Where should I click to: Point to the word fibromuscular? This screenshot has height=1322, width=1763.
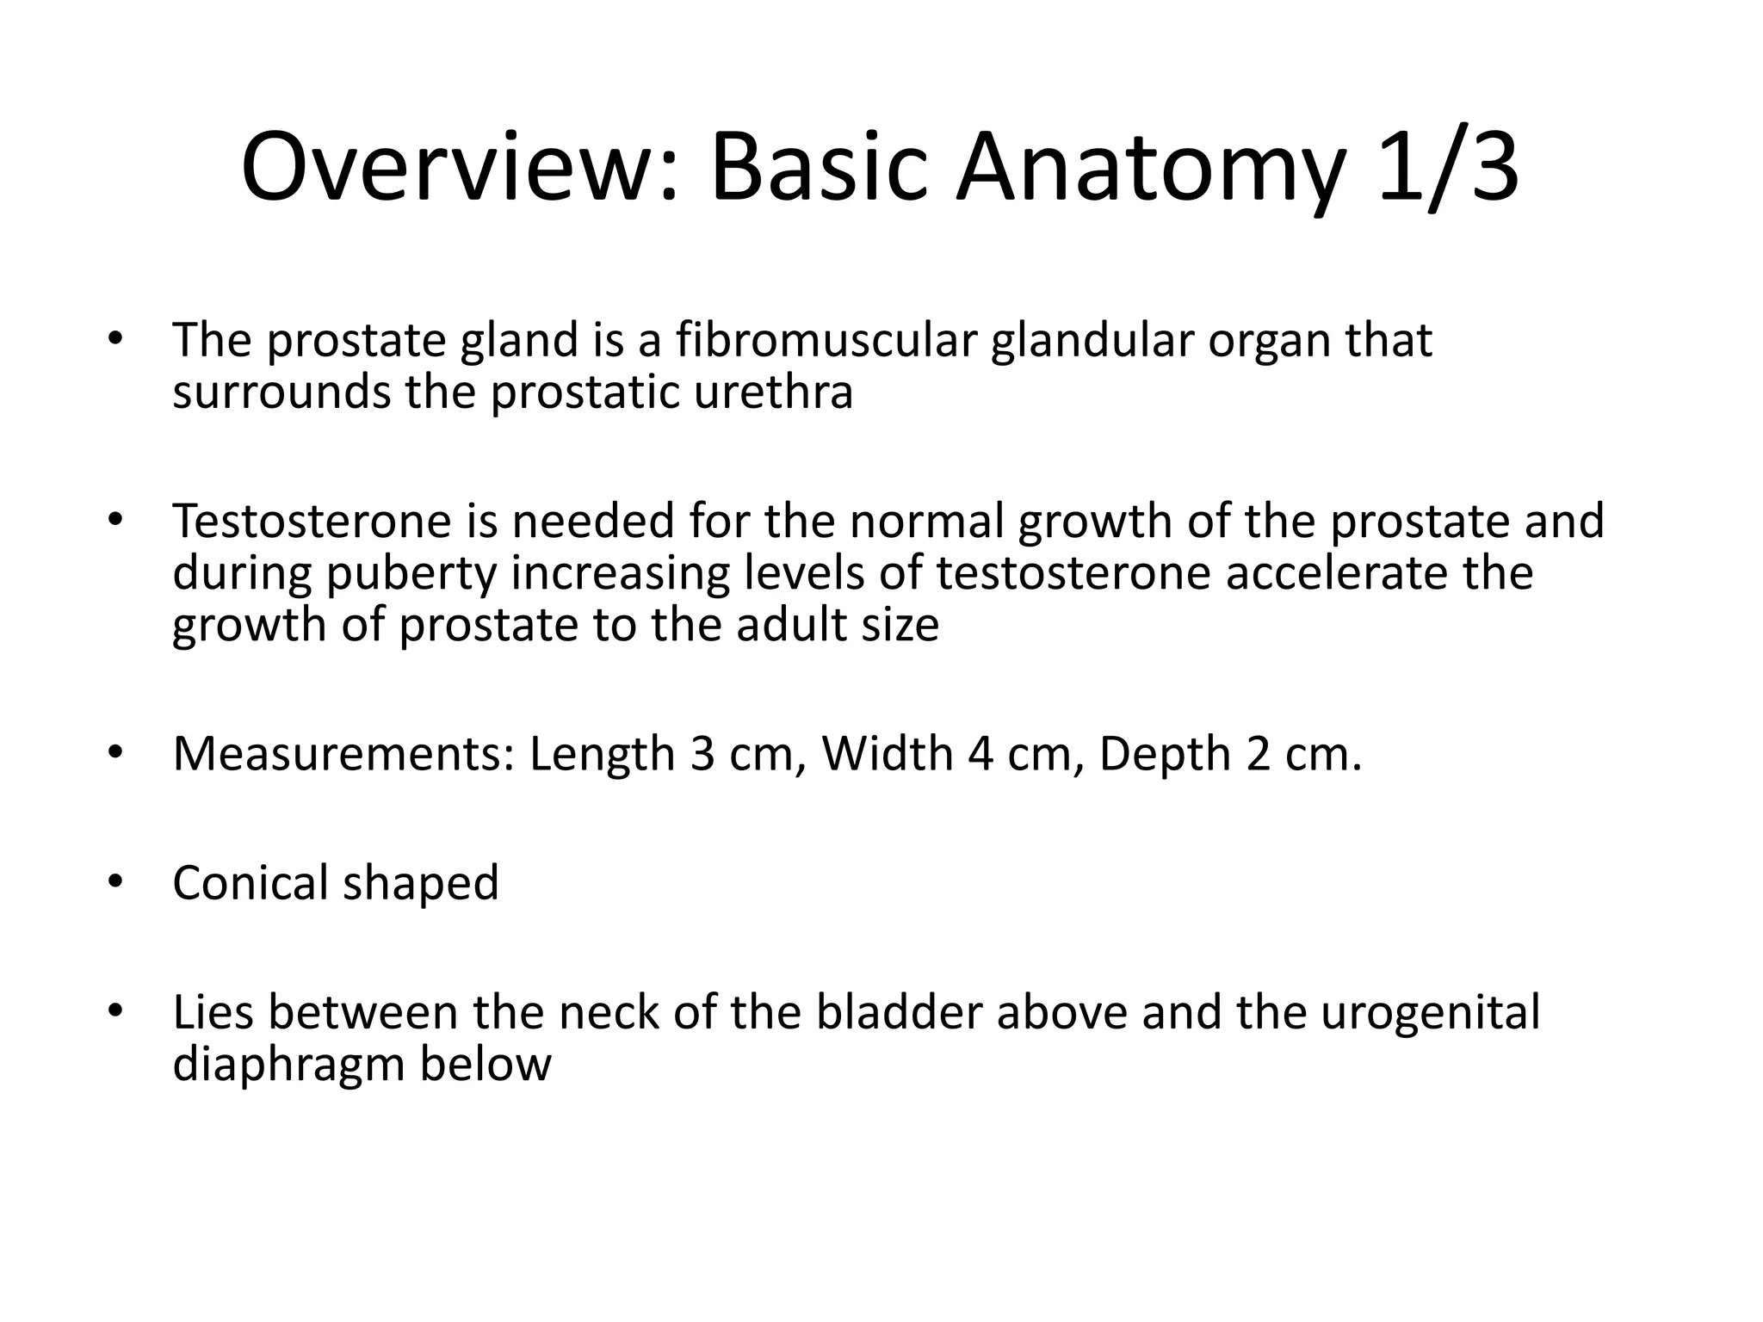826,340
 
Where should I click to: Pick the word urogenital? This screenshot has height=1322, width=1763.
1430,1014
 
